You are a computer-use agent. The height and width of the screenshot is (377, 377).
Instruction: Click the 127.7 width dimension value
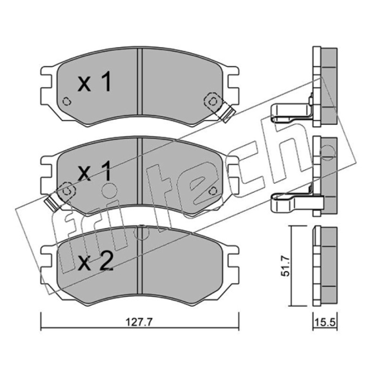[x=139, y=322]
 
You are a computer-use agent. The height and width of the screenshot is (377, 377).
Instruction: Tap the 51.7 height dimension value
[x=286, y=266]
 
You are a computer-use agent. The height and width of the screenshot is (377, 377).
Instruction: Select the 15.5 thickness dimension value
[x=325, y=322]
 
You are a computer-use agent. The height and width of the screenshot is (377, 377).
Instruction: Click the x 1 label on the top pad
[x=95, y=82]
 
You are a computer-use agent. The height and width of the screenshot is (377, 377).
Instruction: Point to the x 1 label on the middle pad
[x=95, y=171]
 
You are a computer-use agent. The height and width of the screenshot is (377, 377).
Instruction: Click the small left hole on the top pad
[x=66, y=101]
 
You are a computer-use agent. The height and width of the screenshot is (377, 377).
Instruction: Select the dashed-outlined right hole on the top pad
[x=212, y=102]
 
